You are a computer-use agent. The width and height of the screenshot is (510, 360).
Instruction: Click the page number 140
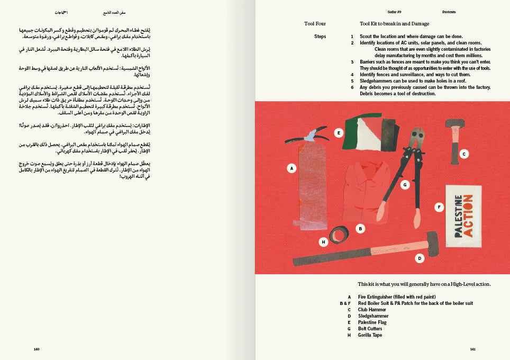[37, 349]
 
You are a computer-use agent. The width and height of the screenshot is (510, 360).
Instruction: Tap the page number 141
[472, 349]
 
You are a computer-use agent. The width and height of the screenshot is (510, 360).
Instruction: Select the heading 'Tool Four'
[315, 24]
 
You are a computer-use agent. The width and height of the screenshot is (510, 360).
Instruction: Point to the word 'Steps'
[320, 37]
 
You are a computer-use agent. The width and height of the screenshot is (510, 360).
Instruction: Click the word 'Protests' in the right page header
[449, 12]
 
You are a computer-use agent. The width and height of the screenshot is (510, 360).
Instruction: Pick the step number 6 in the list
[352, 87]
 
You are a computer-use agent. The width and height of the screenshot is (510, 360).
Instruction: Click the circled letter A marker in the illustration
[291, 168]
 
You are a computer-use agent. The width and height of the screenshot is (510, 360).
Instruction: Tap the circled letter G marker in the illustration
[405, 185]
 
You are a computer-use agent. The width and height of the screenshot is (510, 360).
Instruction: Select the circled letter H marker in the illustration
[324, 242]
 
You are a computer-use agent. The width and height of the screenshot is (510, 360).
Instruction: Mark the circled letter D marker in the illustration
[420, 258]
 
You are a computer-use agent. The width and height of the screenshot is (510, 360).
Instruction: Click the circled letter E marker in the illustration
[339, 133]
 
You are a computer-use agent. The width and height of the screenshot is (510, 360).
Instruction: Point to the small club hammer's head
[455, 124]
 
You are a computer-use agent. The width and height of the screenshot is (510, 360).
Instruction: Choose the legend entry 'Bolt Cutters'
[370, 329]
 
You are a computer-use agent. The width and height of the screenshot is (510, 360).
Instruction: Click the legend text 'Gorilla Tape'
[370, 335]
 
